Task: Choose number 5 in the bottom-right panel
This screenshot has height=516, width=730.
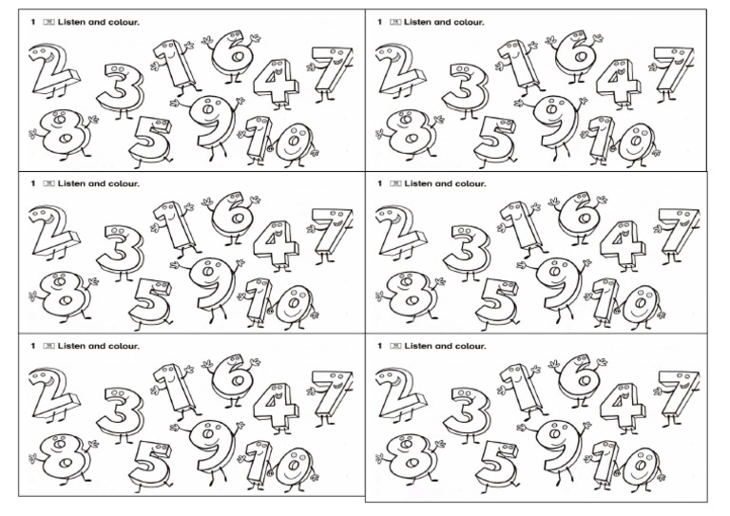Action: (496, 463)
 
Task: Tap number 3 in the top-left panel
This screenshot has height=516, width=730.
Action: (122, 89)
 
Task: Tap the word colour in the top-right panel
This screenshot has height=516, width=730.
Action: (467, 22)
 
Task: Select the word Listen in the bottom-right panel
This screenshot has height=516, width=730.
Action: (418, 346)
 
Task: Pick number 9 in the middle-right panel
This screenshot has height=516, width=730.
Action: (553, 284)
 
